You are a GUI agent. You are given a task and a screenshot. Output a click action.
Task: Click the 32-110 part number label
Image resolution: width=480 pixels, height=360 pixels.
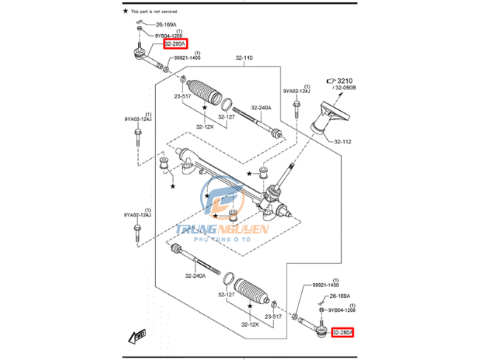244,58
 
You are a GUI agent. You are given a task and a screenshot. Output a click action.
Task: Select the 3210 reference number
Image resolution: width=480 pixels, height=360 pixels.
347,79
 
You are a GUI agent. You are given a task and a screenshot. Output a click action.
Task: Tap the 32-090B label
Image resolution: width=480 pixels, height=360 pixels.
345,87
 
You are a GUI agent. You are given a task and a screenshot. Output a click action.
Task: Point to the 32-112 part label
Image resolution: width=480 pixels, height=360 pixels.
343,142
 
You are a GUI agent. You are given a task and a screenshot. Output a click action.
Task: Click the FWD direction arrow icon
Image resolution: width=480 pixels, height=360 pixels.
137,336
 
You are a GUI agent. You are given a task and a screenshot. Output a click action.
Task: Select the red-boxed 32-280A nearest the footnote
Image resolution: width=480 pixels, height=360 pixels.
176,44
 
